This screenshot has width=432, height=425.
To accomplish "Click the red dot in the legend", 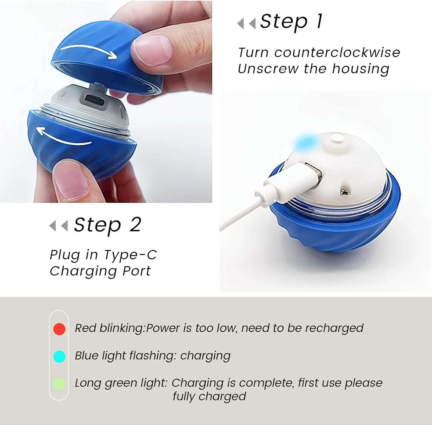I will point(59,329).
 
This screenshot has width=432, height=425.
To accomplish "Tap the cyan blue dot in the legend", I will point(59,356).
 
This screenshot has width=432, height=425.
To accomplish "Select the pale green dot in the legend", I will point(59,384).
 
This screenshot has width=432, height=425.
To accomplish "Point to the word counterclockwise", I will point(337,53).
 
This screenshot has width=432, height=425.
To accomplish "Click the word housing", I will point(361,69).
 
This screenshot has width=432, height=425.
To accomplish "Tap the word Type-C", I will point(130,255).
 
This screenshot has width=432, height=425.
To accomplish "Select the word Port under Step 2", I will point(137,271).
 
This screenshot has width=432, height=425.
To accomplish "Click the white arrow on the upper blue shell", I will point(89,51).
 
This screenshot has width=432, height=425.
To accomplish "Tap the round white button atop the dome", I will point(337,138).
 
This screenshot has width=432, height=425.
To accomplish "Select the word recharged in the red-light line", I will point(334,328).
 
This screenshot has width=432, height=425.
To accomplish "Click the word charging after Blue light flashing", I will point(205,356).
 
